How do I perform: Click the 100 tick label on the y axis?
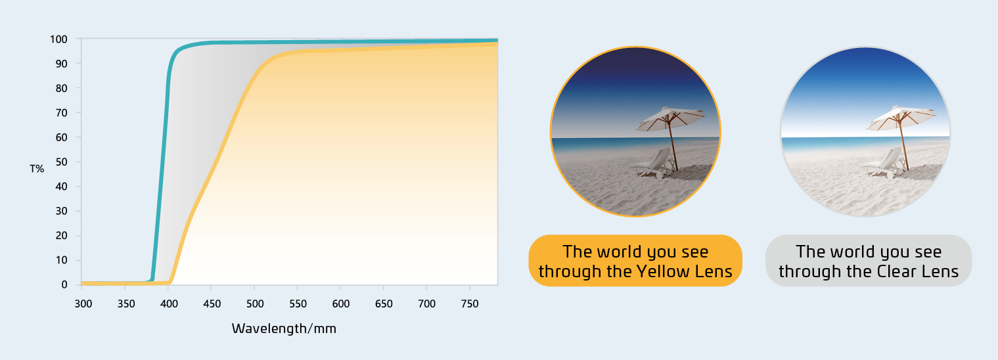tap(58, 39)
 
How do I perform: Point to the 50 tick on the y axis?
tap(62, 162)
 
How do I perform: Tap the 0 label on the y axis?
tap(64, 284)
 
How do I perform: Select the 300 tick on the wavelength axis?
tap(83, 304)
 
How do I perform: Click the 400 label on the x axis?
tap(169, 304)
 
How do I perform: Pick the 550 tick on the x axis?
tap(298, 304)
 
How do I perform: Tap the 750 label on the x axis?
tap(470, 304)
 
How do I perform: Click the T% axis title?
tap(37, 169)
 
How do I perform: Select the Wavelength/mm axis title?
tap(284, 329)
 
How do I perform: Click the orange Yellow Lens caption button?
tap(635, 261)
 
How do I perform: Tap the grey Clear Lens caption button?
tap(869, 261)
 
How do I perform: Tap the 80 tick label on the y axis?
tap(62, 88)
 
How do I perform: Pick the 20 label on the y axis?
tap(62, 235)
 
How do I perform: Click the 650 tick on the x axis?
tap(384, 304)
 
